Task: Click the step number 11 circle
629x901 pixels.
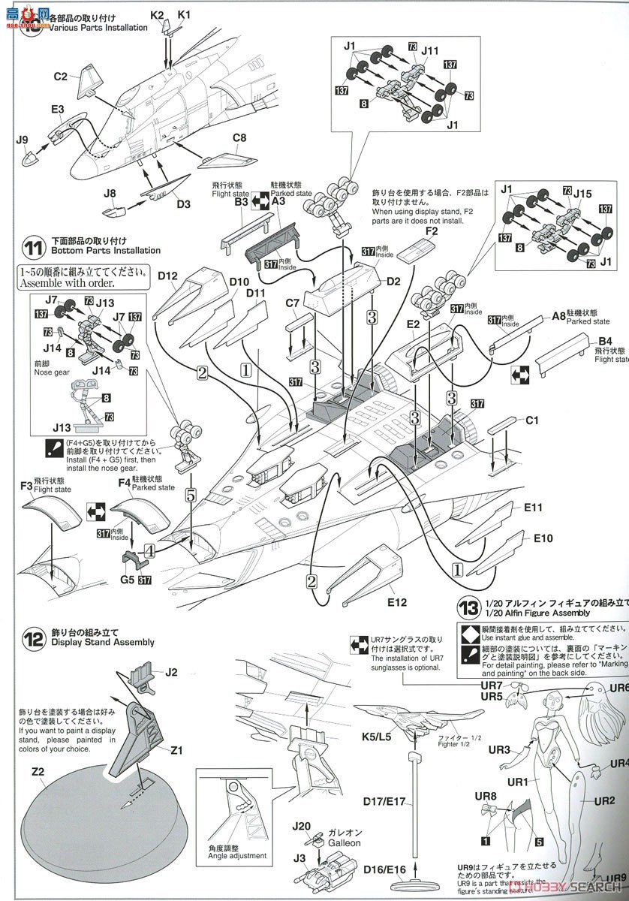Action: point(34,247)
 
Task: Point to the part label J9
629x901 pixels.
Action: point(21,139)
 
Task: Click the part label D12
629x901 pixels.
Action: point(167,276)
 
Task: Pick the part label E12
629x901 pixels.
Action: point(397,602)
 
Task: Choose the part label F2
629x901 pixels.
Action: point(430,231)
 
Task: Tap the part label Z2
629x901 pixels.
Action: point(38,771)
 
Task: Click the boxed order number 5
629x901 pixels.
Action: point(191,495)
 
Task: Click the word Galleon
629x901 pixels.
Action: point(345,842)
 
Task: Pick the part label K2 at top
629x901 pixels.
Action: point(156,14)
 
